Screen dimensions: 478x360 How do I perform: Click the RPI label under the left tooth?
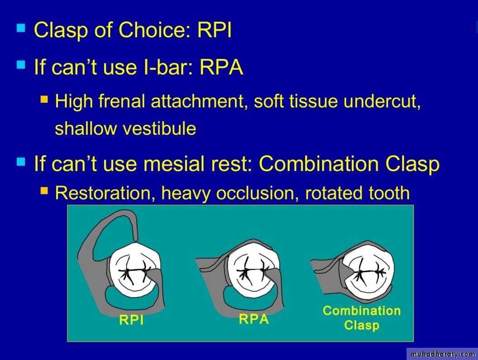(132, 320)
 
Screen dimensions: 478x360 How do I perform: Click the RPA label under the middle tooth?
(254, 319)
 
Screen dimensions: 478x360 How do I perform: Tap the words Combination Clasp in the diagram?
(361, 317)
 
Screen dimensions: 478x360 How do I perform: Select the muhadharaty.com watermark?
(443, 354)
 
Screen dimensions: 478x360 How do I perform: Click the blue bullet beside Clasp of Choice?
(21, 28)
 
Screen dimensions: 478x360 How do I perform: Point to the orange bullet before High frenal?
(44, 99)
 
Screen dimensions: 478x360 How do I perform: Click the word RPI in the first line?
(214, 30)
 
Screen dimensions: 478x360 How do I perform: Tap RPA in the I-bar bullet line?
(221, 67)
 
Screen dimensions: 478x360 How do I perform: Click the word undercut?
(382, 101)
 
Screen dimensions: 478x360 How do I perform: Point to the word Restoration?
(103, 193)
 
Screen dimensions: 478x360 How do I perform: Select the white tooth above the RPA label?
(252, 268)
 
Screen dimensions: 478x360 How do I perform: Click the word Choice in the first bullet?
(155, 30)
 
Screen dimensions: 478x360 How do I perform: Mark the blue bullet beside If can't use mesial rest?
(21, 162)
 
